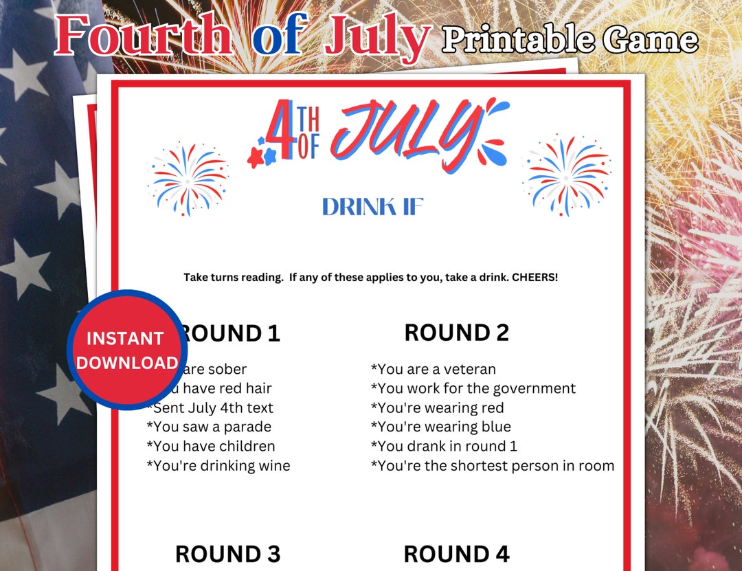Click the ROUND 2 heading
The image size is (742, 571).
[x=456, y=333]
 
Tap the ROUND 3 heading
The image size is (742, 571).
[x=227, y=554]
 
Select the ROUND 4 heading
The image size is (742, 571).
[x=456, y=554]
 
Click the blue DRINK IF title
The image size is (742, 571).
[x=372, y=207]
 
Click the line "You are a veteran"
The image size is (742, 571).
[x=434, y=370]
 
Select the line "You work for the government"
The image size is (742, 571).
[x=473, y=389]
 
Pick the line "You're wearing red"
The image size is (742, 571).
[x=438, y=408]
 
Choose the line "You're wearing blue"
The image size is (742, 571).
[x=441, y=427]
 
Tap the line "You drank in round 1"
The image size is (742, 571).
[x=444, y=447]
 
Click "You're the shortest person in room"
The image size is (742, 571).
[x=493, y=466]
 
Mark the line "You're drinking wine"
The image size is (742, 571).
[x=218, y=466]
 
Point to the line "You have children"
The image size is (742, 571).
[x=211, y=447]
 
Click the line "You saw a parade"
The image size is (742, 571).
[x=209, y=427]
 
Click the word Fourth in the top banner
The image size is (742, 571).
[x=143, y=36]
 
